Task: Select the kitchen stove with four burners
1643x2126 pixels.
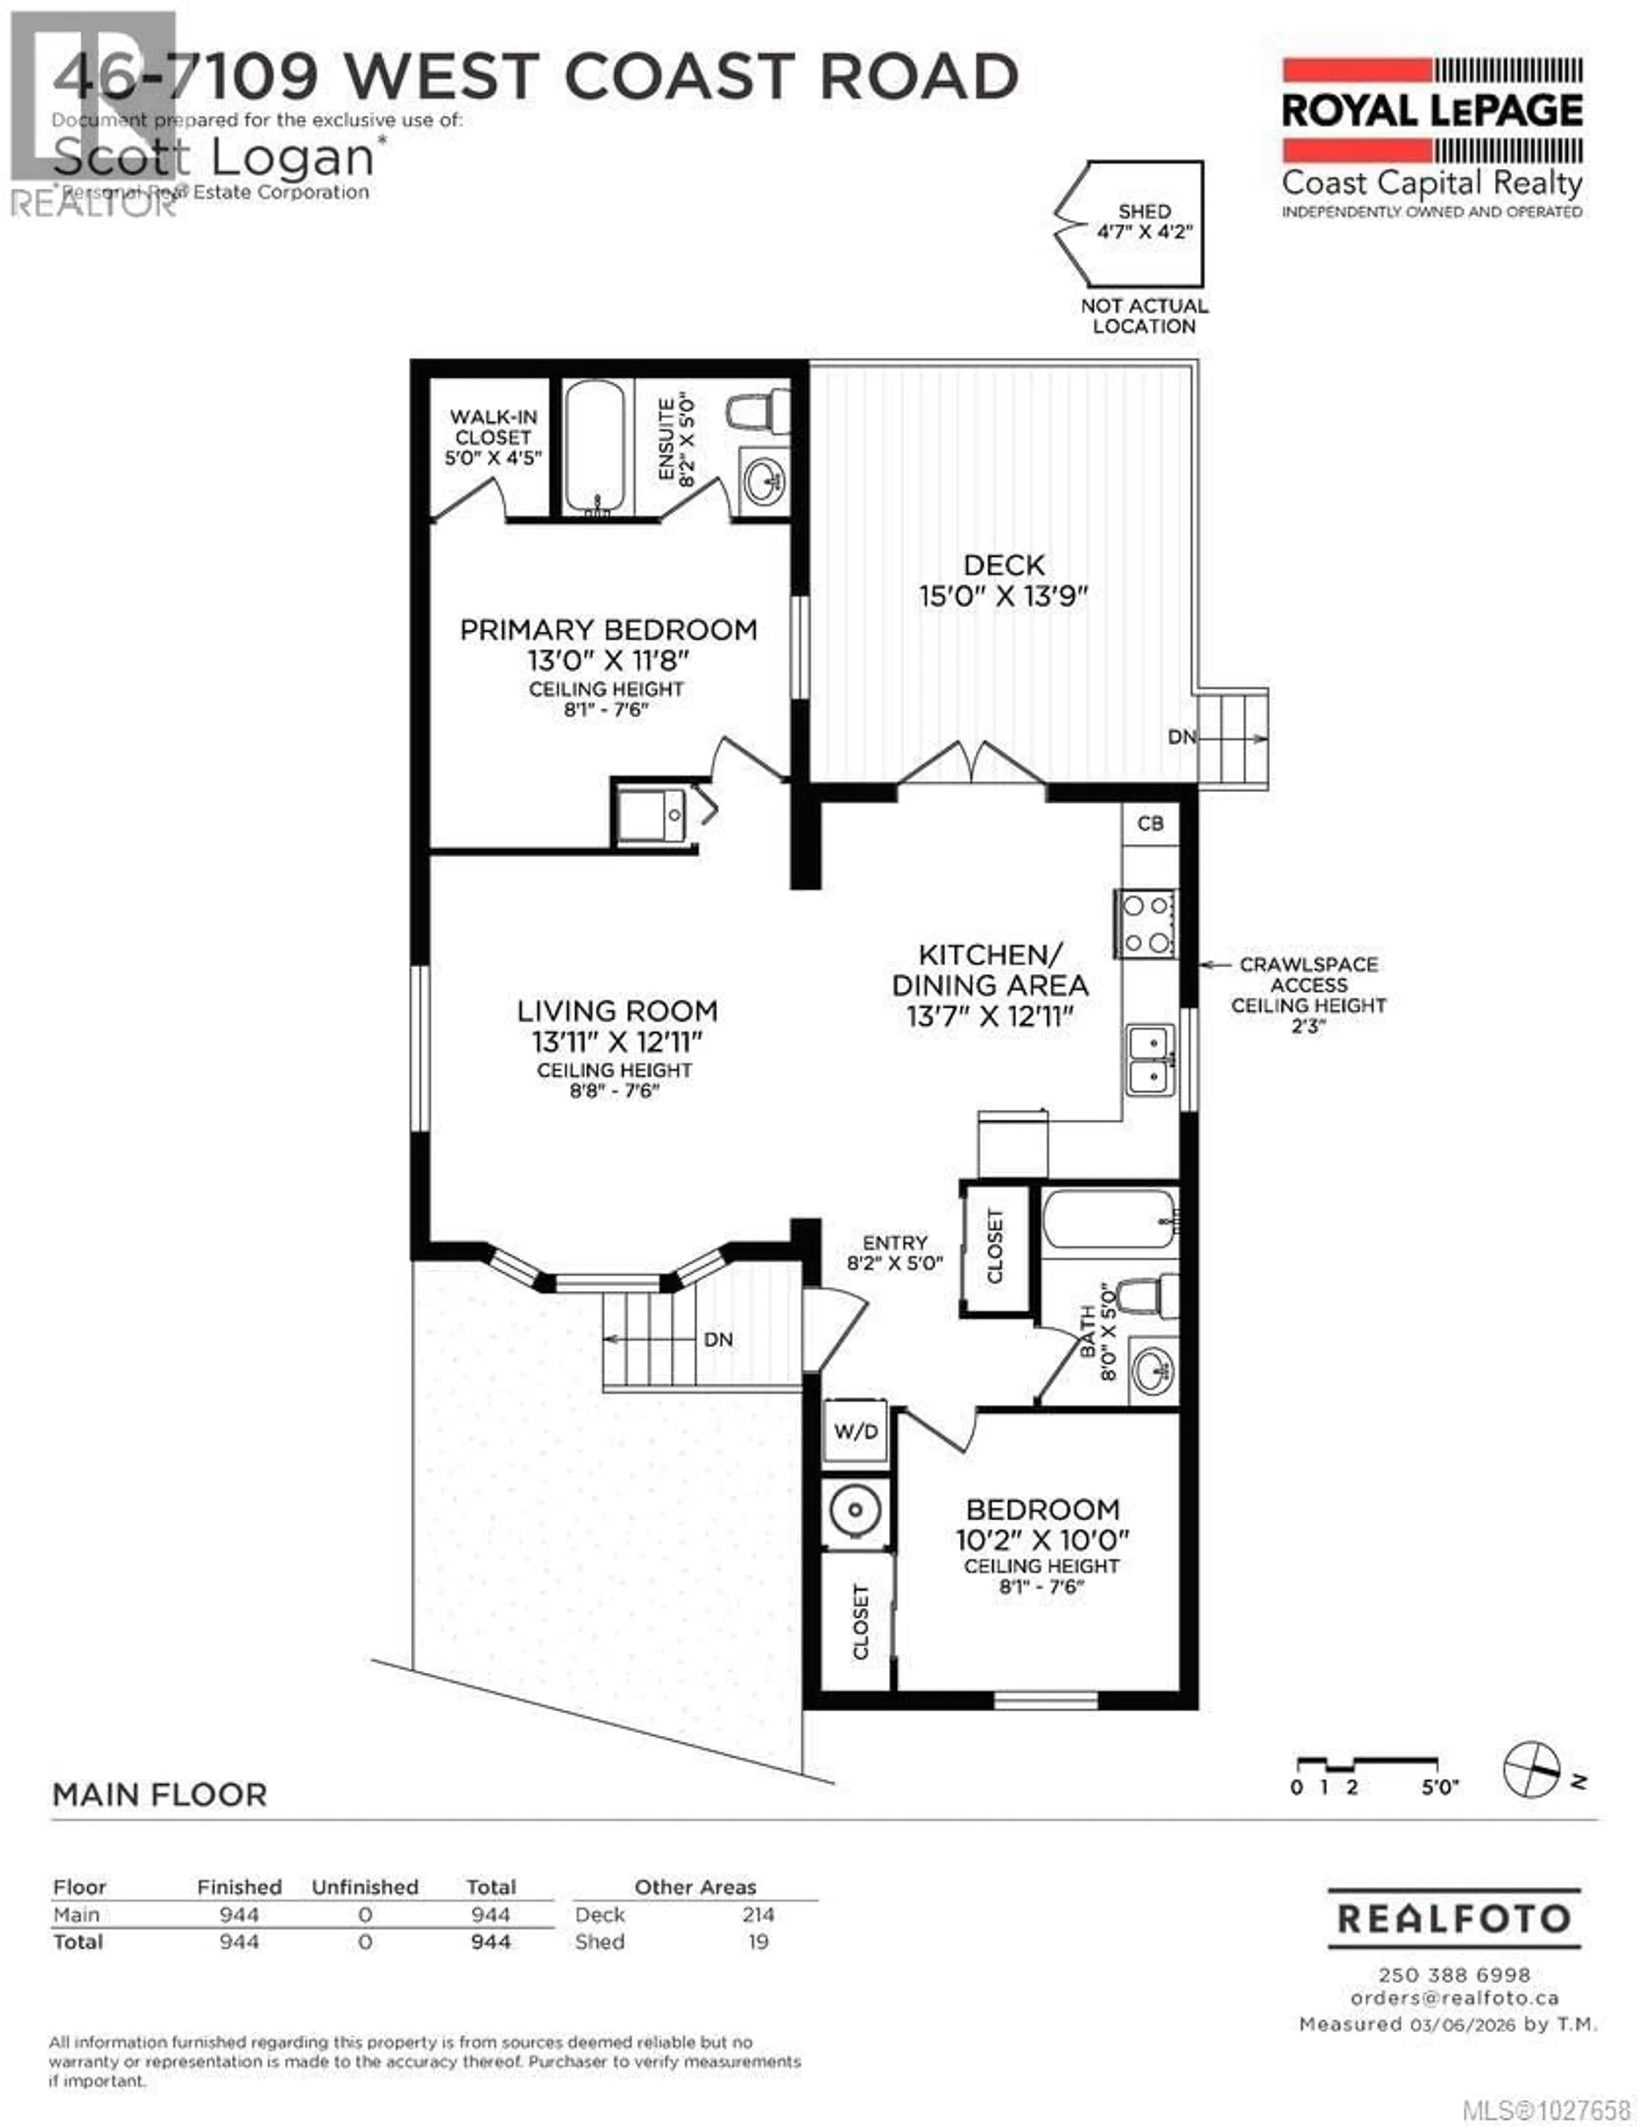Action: (1146, 924)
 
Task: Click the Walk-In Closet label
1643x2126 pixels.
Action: (492, 437)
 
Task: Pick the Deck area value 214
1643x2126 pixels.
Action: (757, 1915)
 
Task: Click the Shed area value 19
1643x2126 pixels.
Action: (757, 1942)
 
